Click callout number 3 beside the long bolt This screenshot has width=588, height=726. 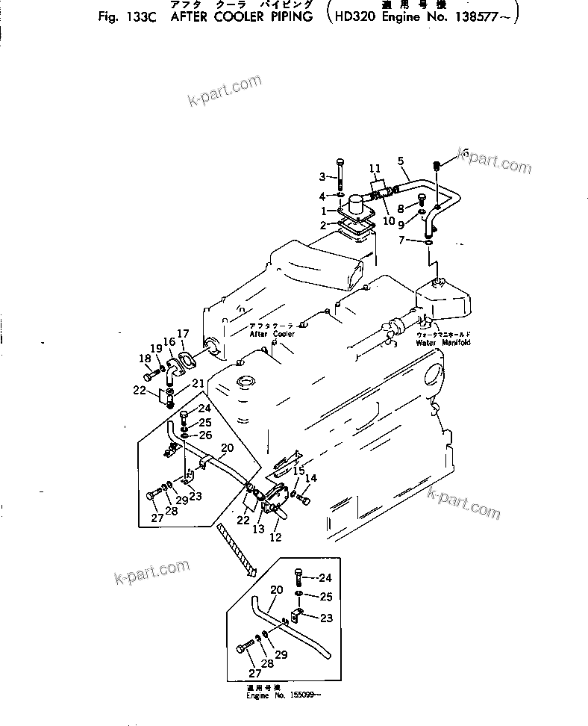[x=323, y=177]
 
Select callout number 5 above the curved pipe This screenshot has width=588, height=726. [x=401, y=161]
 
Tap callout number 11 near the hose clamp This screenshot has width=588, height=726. [x=375, y=169]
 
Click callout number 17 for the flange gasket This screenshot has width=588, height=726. [x=183, y=334]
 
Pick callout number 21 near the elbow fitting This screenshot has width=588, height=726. [x=198, y=383]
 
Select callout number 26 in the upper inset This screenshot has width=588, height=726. [x=205, y=435]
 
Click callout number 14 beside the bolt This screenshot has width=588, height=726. [x=310, y=478]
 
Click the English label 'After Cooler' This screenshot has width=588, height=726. [x=272, y=334]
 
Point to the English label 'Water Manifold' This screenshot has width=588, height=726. [x=444, y=343]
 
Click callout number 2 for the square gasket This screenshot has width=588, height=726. [x=323, y=224]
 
